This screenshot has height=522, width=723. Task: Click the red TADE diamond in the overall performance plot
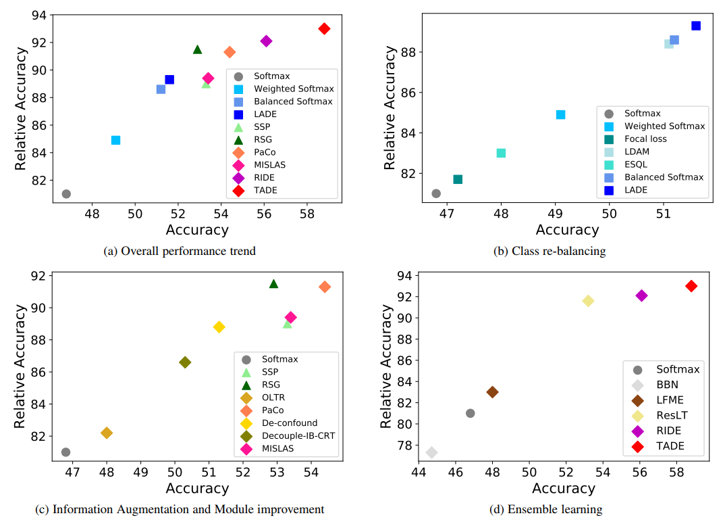tap(324, 28)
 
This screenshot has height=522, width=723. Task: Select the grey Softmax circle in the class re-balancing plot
tap(436, 193)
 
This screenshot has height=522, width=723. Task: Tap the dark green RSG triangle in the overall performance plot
tap(197, 49)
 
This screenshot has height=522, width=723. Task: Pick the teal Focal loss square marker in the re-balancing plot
tap(458, 179)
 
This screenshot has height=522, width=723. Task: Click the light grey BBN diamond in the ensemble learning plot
tap(431, 452)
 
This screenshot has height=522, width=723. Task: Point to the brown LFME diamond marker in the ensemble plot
tap(492, 392)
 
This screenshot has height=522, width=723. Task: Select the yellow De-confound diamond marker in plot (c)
tap(219, 327)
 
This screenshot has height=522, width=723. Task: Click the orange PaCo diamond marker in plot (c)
tap(325, 287)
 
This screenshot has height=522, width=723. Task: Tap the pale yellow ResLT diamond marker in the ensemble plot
tap(588, 301)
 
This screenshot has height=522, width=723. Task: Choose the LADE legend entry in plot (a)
tap(265, 114)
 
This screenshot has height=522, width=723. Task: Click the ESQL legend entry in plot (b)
tap(635, 164)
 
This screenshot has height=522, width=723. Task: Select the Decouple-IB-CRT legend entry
tap(298, 435)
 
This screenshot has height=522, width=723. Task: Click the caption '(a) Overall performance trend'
tap(180, 252)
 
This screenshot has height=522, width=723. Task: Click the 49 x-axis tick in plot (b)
tap(555, 214)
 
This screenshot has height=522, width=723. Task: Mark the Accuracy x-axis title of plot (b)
tap(567, 230)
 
